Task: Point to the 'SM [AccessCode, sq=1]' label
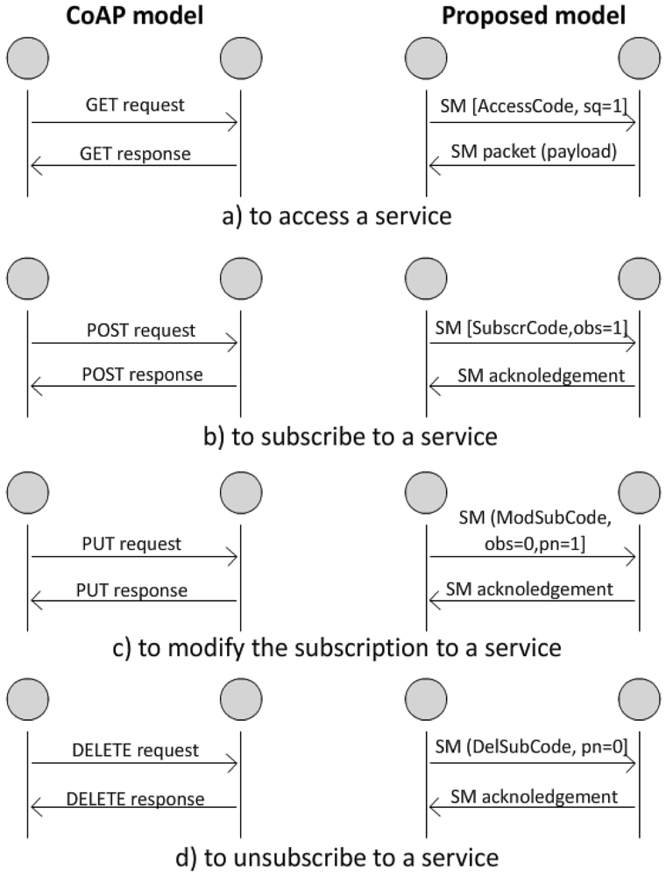click(532, 108)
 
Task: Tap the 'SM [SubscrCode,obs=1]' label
click(532, 331)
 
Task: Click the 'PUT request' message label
click(133, 544)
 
